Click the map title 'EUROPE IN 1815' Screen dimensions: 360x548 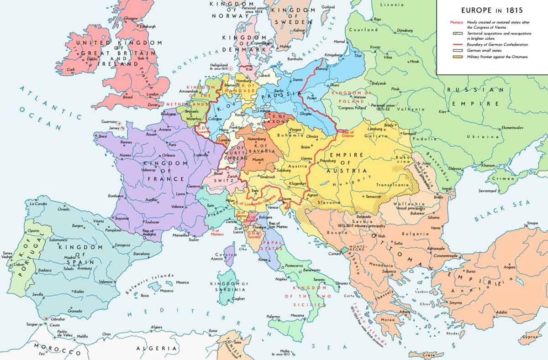click(492, 10)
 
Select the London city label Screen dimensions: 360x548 click(152, 94)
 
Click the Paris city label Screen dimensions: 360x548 click(172, 145)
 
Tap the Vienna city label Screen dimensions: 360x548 click(307, 158)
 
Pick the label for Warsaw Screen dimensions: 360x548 click(360, 97)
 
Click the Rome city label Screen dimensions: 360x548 click(263, 260)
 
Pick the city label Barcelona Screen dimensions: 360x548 click(141, 254)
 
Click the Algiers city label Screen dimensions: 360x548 click(156, 327)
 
